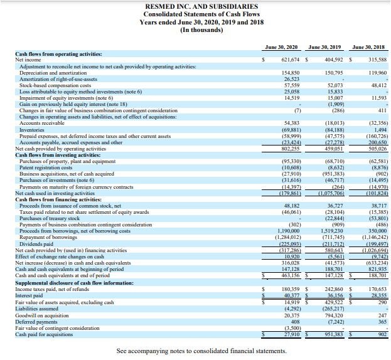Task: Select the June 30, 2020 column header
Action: [x=281, y=46]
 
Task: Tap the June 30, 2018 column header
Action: [x=368, y=46]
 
